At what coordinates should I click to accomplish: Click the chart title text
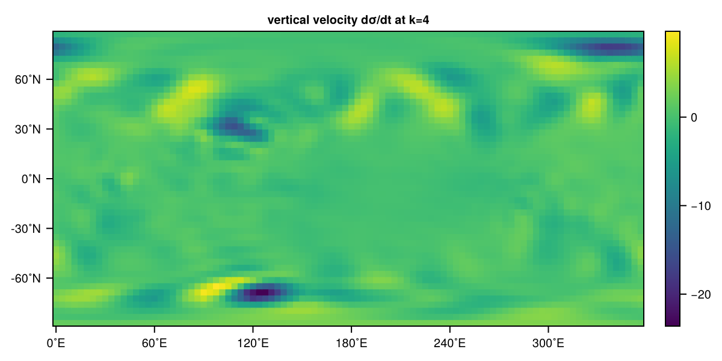coord(348,20)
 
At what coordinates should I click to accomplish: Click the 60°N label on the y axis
coord(28,79)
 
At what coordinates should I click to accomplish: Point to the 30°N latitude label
coord(28,129)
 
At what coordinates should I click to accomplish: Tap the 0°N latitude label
coord(31,179)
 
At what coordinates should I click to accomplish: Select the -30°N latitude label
coord(26,229)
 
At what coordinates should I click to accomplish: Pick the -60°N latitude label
coord(26,279)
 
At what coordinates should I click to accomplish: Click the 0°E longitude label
coord(56,344)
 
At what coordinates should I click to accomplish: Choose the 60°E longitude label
coord(155,344)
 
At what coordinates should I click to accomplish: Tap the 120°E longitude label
coord(253,344)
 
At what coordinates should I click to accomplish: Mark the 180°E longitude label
coord(351,344)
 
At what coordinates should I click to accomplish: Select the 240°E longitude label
coord(449,344)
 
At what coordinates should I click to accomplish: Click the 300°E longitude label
coord(548,344)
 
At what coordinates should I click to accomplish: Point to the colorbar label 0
coord(694,118)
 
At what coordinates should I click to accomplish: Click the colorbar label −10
coord(701,206)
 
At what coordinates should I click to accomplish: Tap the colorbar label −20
coord(701,294)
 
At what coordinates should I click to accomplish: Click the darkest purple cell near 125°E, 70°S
coord(262,292)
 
